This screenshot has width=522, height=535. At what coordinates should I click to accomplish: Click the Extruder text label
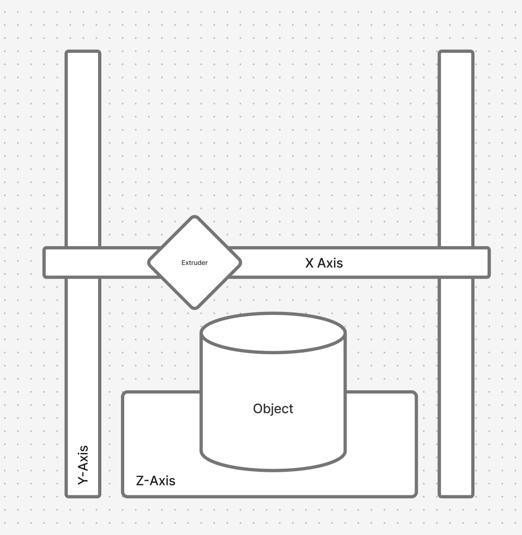click(194, 263)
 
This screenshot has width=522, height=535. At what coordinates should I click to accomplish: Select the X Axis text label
click(324, 263)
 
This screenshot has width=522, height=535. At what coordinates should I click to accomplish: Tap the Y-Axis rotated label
click(83, 464)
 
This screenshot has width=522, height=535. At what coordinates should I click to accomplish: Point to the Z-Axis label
click(156, 481)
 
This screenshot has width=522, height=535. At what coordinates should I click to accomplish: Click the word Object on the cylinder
click(273, 409)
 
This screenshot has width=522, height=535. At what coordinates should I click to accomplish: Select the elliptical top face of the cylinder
click(273, 333)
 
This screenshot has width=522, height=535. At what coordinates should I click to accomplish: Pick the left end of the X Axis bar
click(44, 262)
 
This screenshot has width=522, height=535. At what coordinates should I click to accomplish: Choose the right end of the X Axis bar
click(490, 262)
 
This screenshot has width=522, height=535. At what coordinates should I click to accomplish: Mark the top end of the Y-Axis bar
click(83, 51)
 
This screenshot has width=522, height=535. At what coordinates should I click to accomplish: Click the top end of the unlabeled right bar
click(456, 51)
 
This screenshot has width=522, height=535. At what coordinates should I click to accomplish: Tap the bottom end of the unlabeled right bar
click(456, 497)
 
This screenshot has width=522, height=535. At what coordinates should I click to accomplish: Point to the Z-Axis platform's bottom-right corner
click(416, 496)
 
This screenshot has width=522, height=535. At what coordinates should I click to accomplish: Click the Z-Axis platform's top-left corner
click(123, 392)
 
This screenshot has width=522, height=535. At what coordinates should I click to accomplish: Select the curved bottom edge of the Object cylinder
click(273, 470)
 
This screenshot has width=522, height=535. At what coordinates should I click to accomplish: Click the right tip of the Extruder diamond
click(241, 262)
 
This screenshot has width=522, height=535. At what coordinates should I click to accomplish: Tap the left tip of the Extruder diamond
click(148, 262)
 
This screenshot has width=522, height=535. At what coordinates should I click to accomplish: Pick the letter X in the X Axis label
click(309, 263)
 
